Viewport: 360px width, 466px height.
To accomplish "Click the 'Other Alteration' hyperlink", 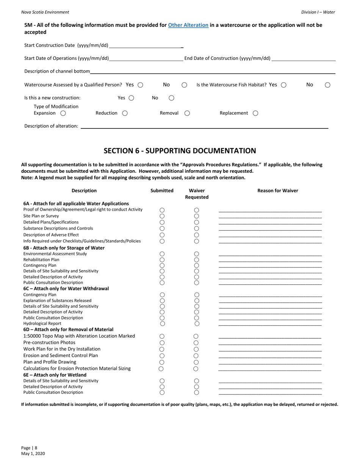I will (x=188, y=25).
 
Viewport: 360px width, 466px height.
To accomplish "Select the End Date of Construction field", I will (x=304, y=58).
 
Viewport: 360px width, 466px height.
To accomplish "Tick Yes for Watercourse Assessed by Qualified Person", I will (x=140, y=85).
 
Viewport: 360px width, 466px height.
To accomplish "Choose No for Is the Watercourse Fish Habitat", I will (x=328, y=85).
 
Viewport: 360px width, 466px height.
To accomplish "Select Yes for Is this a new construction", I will (x=131, y=98).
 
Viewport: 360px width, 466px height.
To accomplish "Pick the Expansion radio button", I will (x=63, y=113).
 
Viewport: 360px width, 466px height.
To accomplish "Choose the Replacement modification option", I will (x=255, y=113).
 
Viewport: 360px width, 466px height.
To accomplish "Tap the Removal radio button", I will (x=187, y=113).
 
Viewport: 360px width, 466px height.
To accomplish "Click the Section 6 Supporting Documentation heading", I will (x=180, y=151).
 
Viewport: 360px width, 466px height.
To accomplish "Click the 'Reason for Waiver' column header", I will (x=277, y=191).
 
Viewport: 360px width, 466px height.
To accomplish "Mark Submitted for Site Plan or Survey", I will (x=162, y=216).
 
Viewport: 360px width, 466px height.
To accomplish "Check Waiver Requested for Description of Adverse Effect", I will (x=197, y=235).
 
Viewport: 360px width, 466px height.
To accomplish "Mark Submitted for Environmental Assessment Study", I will (x=162, y=254).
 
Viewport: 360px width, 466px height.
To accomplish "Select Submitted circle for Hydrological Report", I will (x=162, y=324).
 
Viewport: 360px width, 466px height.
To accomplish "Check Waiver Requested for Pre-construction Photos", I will (x=196, y=342).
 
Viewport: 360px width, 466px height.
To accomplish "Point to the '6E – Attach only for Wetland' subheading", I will (x=55, y=375).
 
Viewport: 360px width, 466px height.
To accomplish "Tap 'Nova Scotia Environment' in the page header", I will (x=45, y=12).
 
